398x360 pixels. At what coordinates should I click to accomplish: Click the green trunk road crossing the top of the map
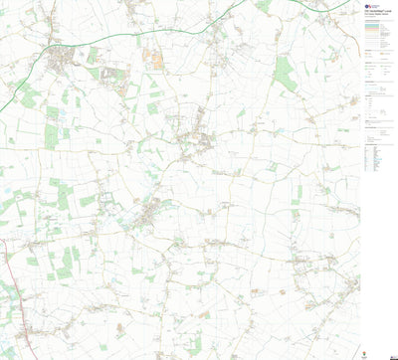click(159, 35)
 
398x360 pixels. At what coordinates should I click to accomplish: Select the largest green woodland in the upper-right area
click(286, 72)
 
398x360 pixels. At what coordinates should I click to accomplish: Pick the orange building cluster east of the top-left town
click(155, 57)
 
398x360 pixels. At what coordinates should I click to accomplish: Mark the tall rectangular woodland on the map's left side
click(51, 135)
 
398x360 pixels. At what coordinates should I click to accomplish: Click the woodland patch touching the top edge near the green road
click(263, 5)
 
